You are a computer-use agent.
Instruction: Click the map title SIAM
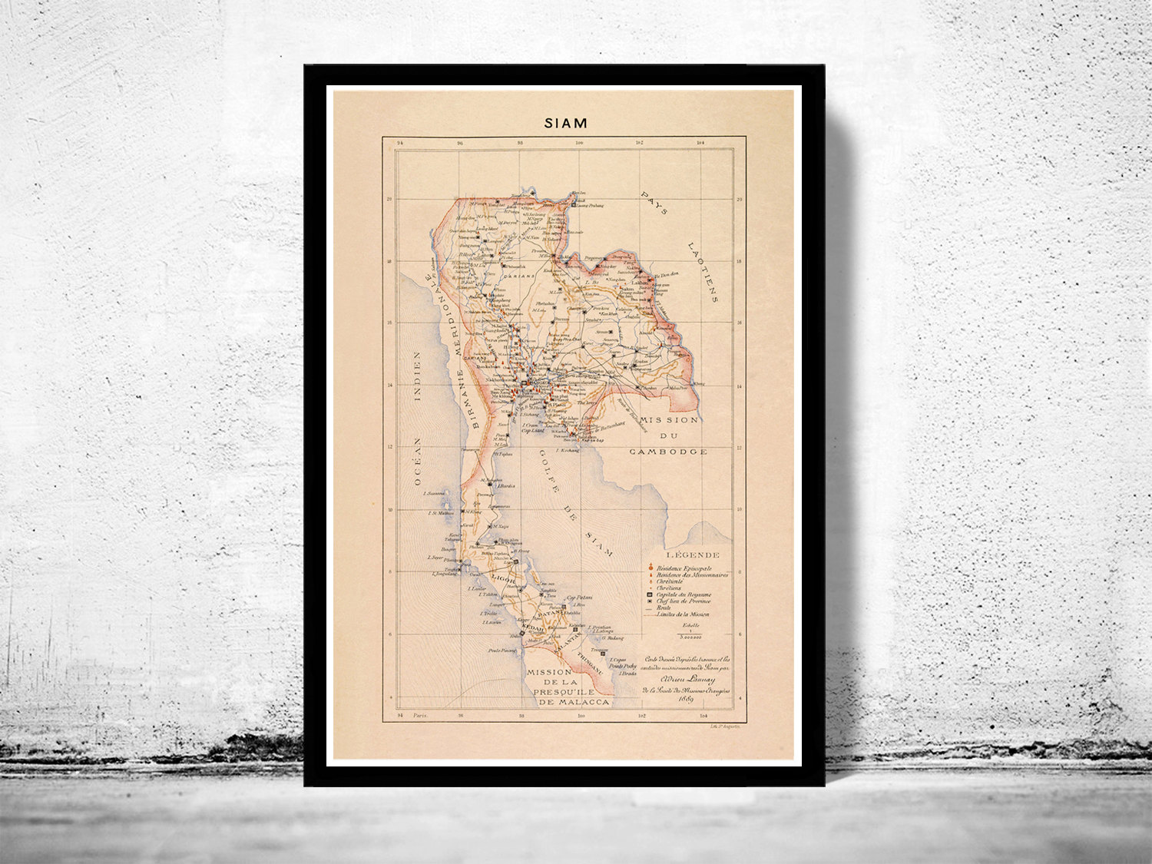[565, 122]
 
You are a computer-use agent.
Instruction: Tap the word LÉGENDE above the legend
[693, 554]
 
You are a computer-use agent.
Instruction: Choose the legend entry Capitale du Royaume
[684, 594]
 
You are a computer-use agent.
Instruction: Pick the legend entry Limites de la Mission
[684, 614]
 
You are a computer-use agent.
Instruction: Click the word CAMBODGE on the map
[668, 452]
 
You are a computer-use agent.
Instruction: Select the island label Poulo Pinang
[502, 650]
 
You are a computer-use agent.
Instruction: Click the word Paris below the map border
[420, 714]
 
